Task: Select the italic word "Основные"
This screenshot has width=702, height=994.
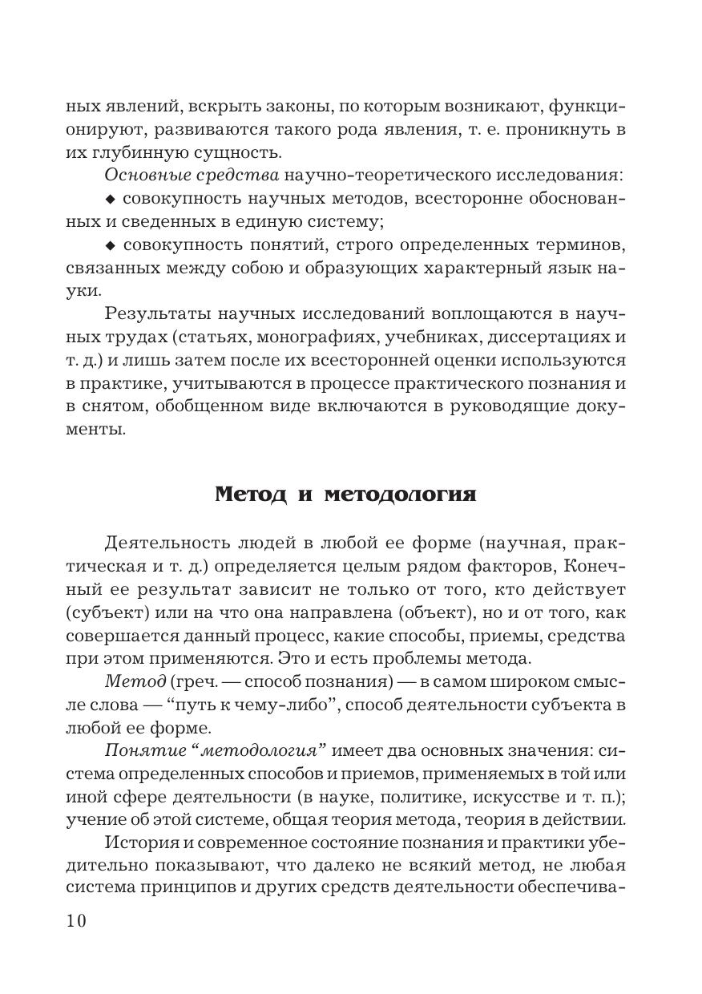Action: click(136, 175)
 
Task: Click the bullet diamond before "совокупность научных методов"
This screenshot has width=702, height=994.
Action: click(110, 199)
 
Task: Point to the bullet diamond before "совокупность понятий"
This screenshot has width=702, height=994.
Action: click(110, 244)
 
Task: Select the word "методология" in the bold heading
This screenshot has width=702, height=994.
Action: click(401, 494)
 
